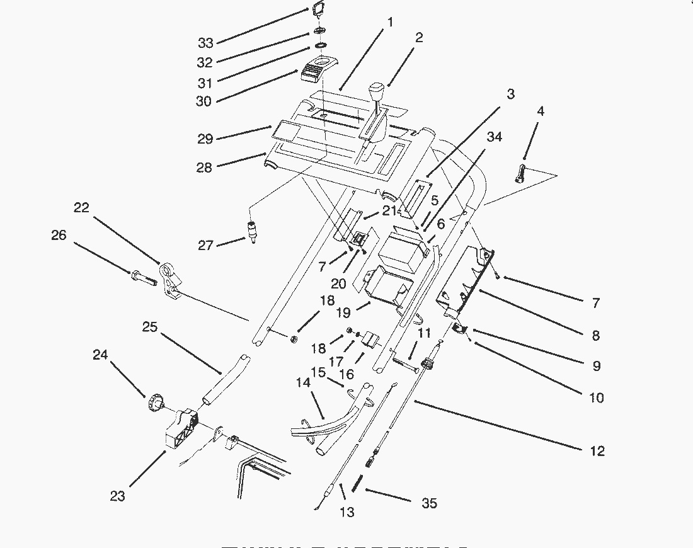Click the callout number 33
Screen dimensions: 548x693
(x=205, y=43)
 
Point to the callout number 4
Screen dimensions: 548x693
(x=540, y=111)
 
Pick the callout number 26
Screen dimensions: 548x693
(x=59, y=236)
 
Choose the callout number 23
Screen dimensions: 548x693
(x=117, y=496)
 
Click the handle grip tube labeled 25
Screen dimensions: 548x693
(x=224, y=382)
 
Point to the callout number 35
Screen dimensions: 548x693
(x=428, y=503)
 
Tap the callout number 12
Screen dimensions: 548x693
(x=597, y=451)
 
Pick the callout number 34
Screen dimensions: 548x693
(x=495, y=137)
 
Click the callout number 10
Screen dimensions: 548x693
(x=595, y=397)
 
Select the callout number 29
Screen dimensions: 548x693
(x=205, y=139)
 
